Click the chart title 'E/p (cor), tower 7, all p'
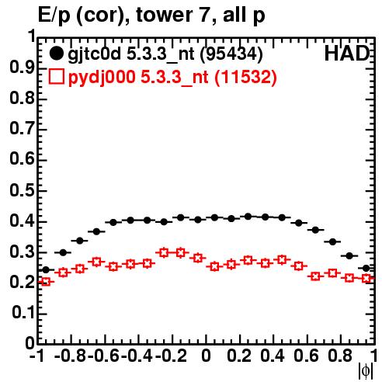pos(151,15)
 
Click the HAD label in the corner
pos(347,54)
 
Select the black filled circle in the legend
pos(56,54)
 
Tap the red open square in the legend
pos(56,76)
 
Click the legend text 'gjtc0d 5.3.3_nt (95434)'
pos(165,54)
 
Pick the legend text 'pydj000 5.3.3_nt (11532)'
pos(172,77)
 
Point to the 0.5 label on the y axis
pos(22,190)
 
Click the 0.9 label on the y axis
pos(22,68)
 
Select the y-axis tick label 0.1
pos(23,313)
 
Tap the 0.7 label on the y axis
pos(22,129)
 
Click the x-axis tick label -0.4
pos(137,356)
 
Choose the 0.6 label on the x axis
pos(306,356)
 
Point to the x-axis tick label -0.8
pos(71,356)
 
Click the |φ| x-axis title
pos(366,371)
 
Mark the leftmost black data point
pos(46,270)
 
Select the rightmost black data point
pos(366,269)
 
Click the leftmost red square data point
pos(46,282)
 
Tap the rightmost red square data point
pos(366,279)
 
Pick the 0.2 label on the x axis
pos(239,356)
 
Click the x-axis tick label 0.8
pos(340,356)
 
